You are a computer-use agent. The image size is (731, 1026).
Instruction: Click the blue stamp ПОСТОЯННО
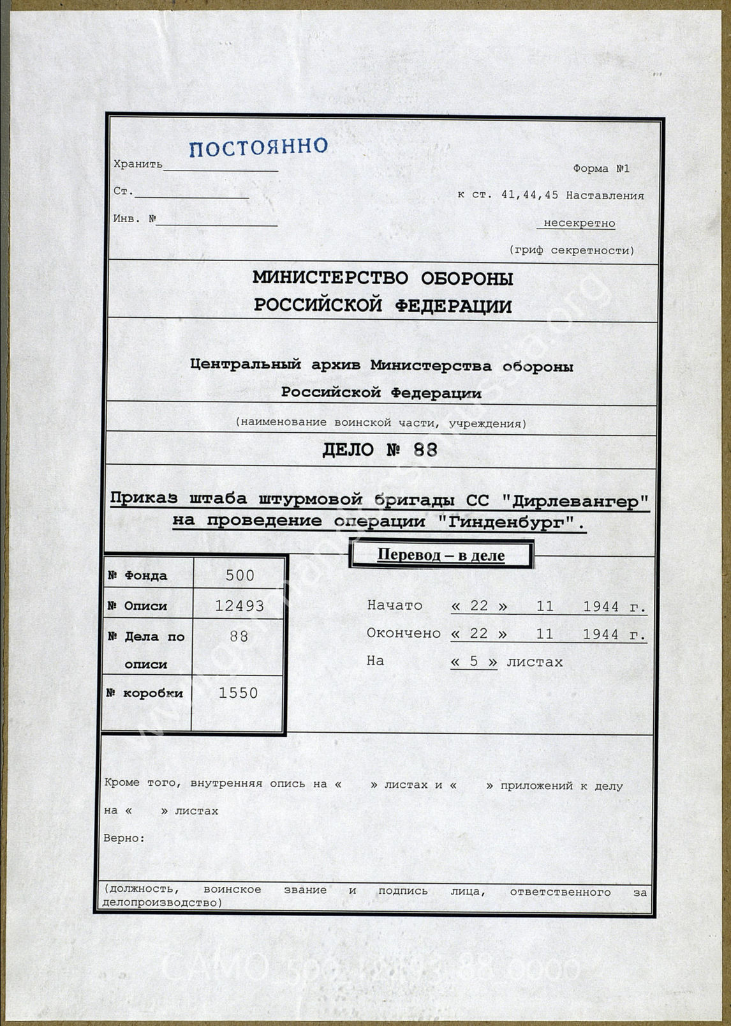point(258,147)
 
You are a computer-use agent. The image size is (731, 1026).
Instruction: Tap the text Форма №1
point(601,169)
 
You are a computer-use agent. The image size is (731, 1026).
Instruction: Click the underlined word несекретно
point(579,223)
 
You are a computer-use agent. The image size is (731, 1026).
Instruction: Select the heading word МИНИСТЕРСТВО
point(330,278)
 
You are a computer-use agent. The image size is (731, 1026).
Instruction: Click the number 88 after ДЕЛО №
point(425,450)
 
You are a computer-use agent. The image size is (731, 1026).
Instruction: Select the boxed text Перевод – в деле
point(441,555)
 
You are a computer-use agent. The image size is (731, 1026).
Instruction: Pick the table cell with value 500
point(240,575)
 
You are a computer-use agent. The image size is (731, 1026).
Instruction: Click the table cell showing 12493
point(239,606)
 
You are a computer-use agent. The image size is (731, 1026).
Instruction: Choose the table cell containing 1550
point(238,693)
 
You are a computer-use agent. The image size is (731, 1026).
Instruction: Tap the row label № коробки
point(145,693)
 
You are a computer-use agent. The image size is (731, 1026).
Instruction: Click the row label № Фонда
point(138,576)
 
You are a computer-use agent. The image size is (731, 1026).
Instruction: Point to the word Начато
point(394,605)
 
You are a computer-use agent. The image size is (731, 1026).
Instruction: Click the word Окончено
point(403,633)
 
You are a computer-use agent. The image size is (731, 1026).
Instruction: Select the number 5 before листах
point(473,662)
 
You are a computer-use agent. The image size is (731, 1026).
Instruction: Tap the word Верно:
point(124,838)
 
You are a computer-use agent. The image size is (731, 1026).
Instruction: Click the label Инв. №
point(135,219)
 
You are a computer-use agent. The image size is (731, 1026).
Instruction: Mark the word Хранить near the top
point(138,165)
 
